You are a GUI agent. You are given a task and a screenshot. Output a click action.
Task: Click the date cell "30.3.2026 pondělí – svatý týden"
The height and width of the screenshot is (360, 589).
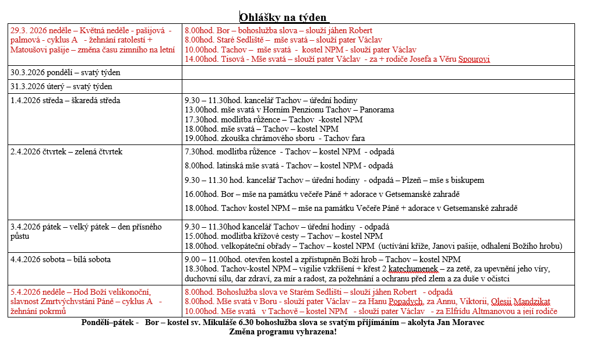[x=65, y=73]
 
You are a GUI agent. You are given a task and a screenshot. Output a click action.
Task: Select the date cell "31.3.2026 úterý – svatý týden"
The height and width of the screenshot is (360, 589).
[x=61, y=87]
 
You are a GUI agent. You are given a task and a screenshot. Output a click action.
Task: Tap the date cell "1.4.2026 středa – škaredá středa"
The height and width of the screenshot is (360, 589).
[x=65, y=100]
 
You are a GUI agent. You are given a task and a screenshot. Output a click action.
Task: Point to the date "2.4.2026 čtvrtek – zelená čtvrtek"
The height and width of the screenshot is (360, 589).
[x=66, y=152]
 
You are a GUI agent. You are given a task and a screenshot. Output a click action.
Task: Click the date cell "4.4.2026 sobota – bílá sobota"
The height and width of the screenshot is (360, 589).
[x=61, y=259]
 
